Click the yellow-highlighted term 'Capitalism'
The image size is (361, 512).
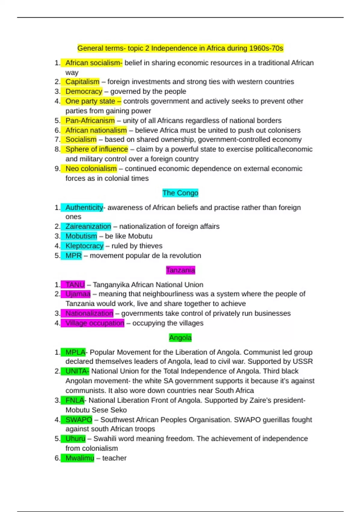coord(82,82)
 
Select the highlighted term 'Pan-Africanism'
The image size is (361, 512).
coord(90,120)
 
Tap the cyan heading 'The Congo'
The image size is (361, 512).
coord(180,193)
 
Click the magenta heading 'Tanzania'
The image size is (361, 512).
coord(180,270)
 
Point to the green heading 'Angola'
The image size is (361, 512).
coord(180,338)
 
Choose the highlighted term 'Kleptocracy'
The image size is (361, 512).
coord(84,246)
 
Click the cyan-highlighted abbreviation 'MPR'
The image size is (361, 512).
coord(73,256)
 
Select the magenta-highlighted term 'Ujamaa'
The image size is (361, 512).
coord(78,294)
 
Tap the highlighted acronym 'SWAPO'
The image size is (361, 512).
coord(79,420)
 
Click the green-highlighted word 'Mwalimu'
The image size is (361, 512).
coord(79,458)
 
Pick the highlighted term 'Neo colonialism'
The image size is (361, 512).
coord(91,169)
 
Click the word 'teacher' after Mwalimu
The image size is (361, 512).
coord(114,458)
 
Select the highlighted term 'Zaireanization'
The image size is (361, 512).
coord(88,226)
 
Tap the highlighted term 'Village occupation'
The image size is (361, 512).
coord(94,323)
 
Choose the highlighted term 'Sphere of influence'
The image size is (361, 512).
coord(97,149)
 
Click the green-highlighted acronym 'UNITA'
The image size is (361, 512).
coord(77,371)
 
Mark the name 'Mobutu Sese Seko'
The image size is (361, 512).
coord(96,410)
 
